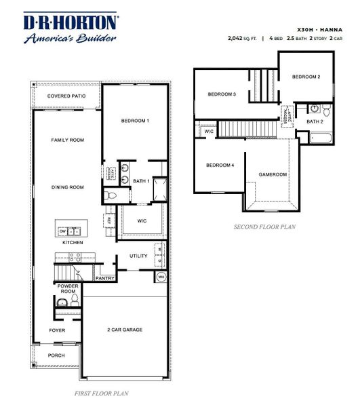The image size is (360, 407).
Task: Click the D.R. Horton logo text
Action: pyautogui.click(x=71, y=22)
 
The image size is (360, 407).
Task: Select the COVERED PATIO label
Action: pyautogui.click(x=66, y=96)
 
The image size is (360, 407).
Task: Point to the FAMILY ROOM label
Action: pyautogui.click(x=67, y=140)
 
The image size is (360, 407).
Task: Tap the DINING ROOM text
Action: pyautogui.click(x=67, y=187)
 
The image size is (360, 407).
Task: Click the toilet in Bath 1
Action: pyautogui.click(x=112, y=195)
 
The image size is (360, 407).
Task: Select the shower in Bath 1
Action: pyautogui.click(x=159, y=189)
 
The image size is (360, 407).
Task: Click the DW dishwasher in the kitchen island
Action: pyautogui.click(x=62, y=231)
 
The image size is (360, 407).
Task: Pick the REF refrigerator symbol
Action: pyautogui.click(x=107, y=219)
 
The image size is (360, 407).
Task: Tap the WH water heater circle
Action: pyautogui.click(x=161, y=277)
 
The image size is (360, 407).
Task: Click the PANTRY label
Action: pyautogui.click(x=105, y=278)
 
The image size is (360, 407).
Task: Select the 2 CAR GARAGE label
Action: pyautogui.click(x=125, y=330)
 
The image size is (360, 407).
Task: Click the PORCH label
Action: pyautogui.click(x=56, y=355)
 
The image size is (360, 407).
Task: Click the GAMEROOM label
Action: pyautogui.click(x=273, y=174)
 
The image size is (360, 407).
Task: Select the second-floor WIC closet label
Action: pyautogui.click(x=209, y=131)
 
